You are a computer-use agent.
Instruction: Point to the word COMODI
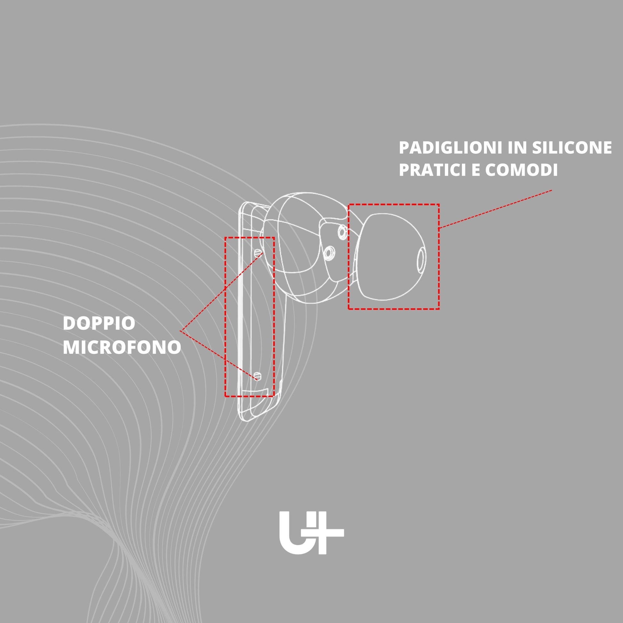(522, 170)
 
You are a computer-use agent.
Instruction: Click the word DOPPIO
(99, 323)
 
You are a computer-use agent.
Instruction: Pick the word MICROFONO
(122, 347)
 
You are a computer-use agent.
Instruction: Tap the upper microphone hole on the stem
(258, 253)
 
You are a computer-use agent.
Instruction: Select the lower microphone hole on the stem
(257, 375)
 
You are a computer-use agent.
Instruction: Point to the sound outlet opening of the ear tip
(421, 259)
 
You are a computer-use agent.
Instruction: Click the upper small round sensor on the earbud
(342, 231)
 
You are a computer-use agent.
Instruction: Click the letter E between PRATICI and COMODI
(476, 170)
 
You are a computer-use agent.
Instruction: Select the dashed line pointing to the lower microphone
(219, 355)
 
